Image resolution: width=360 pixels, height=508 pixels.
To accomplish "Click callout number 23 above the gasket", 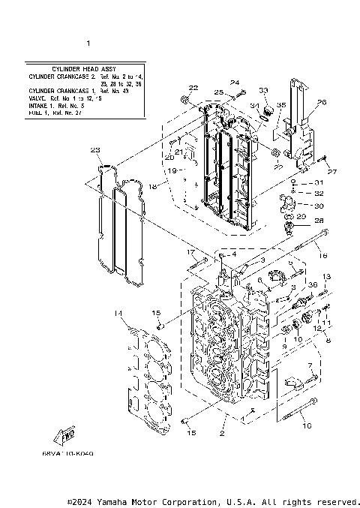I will (x=95, y=151).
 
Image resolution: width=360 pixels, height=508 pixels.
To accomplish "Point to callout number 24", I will (x=234, y=83).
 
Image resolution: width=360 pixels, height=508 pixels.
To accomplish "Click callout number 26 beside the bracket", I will (x=321, y=102).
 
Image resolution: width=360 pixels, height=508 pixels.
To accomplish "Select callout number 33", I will (x=263, y=90).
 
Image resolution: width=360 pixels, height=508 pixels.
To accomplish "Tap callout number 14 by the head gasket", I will (x=118, y=313).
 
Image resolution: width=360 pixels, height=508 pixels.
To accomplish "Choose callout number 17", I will (x=190, y=252).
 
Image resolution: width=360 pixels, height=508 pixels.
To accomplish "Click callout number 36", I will (x=313, y=284).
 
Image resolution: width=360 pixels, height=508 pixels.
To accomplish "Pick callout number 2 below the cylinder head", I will (x=222, y=434).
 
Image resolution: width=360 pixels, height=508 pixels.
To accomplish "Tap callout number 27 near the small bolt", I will (x=333, y=173).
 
